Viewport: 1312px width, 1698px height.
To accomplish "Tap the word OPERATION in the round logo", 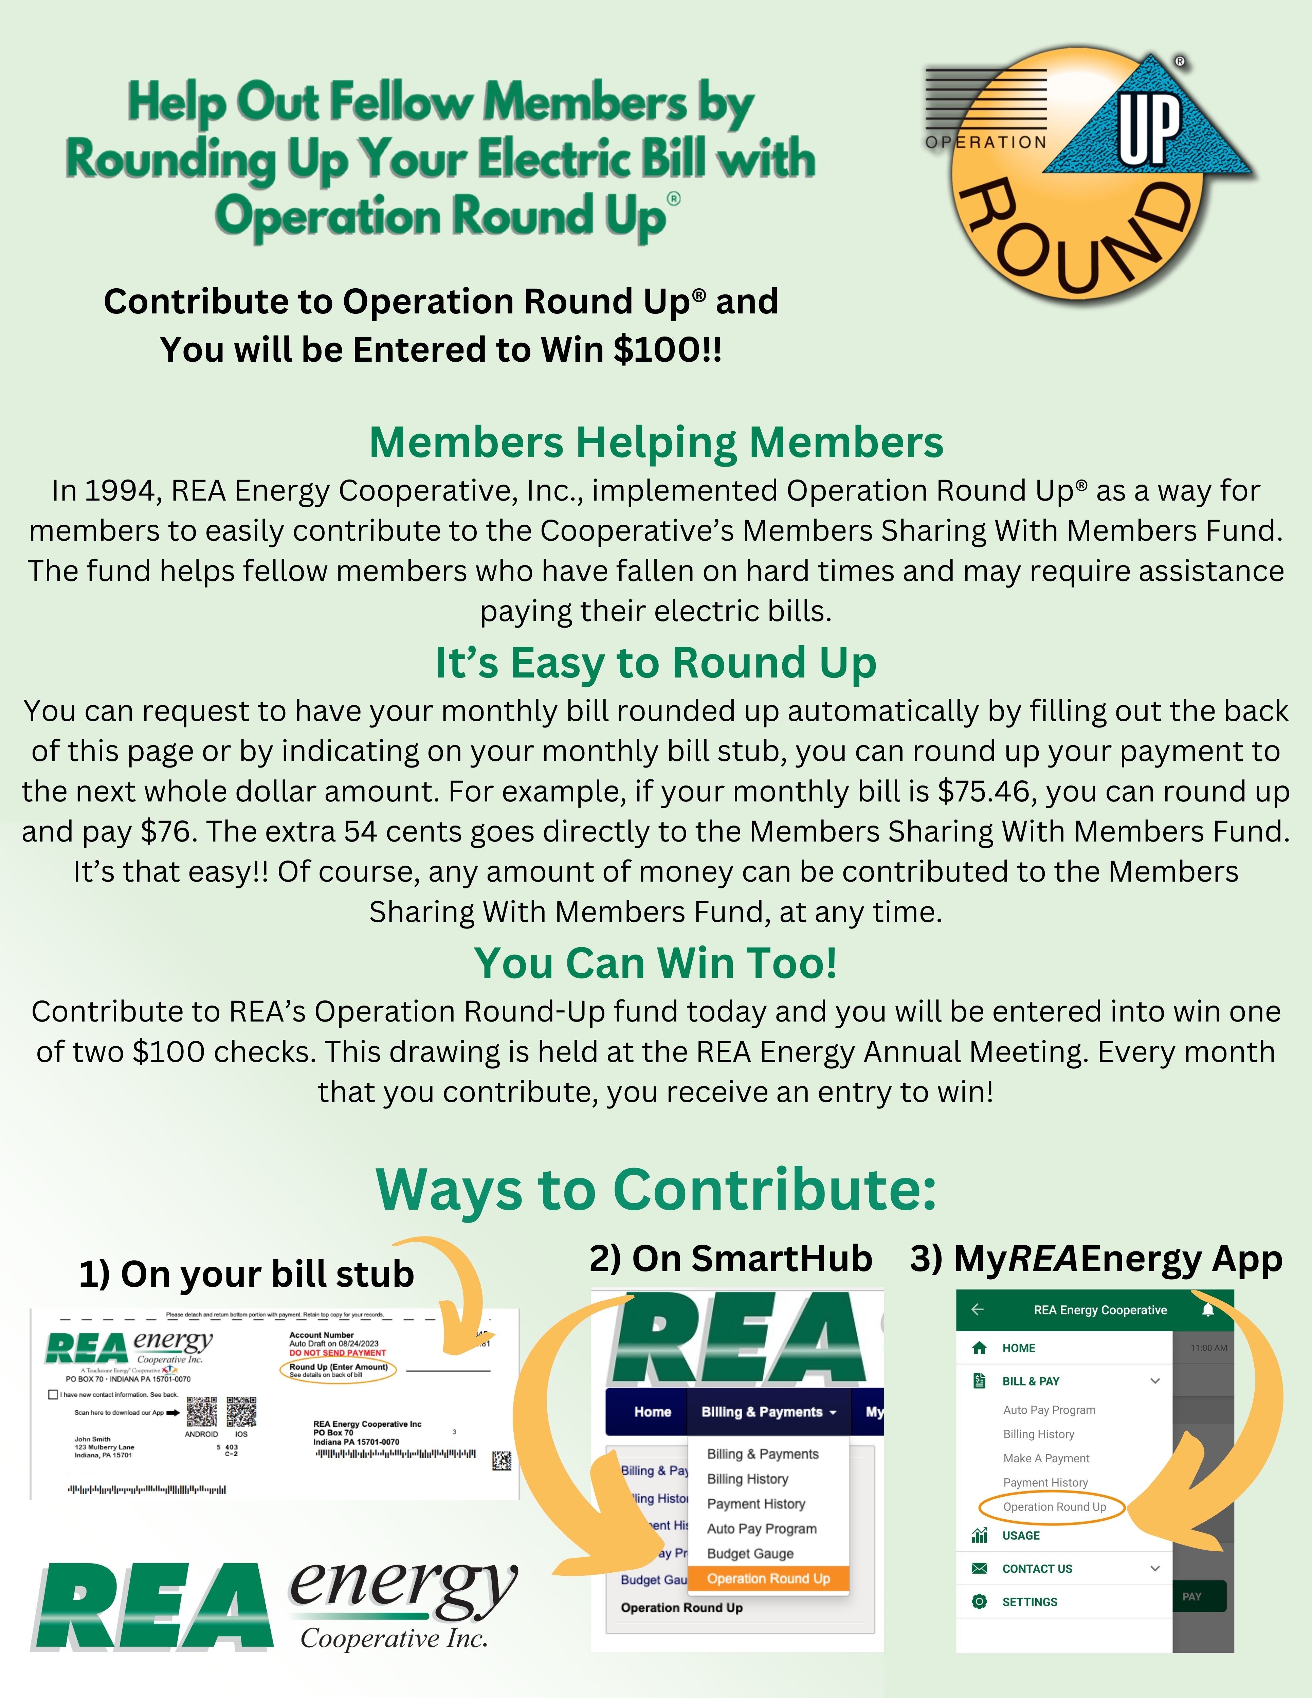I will [x=986, y=142].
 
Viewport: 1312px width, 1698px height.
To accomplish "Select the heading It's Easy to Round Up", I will [x=656, y=663].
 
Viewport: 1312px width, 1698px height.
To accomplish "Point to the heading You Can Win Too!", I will [x=656, y=963].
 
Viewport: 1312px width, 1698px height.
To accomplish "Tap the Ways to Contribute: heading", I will [x=656, y=1190].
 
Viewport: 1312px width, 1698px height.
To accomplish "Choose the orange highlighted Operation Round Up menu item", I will [x=768, y=1578].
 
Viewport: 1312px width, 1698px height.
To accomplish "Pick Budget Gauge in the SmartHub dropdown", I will [x=750, y=1553].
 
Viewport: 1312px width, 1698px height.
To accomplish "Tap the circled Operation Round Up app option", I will [x=1054, y=1507].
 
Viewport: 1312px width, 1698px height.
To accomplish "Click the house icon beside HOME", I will [x=979, y=1347].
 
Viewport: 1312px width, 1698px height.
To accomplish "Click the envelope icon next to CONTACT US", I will [x=979, y=1568].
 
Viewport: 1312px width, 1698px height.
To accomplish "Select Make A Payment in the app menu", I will [x=1046, y=1459].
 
